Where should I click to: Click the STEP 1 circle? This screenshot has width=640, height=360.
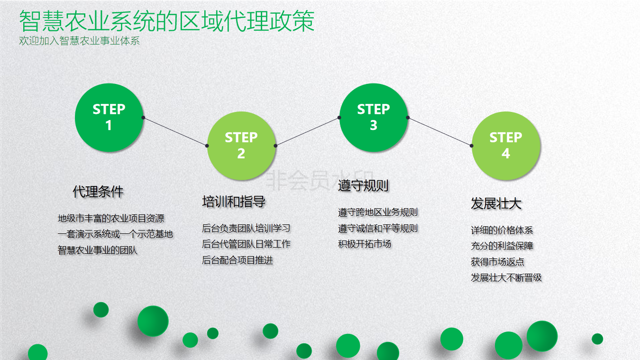tap(109, 118)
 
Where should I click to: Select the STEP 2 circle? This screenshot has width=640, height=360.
tap(241, 146)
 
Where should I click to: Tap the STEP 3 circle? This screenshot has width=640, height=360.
tap(374, 118)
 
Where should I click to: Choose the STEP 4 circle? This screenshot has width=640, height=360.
tap(506, 146)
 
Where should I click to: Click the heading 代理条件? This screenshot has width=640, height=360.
tap(98, 191)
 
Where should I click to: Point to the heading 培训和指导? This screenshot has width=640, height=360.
tap(234, 202)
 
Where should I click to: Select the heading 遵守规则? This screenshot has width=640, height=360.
tap(363, 185)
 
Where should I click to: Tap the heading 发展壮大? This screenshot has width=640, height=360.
tap(496, 203)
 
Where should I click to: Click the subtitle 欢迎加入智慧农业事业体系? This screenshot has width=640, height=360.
tap(80, 41)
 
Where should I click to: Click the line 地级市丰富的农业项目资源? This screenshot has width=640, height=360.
tap(111, 219)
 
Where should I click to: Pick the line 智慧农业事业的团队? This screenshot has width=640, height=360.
tap(98, 250)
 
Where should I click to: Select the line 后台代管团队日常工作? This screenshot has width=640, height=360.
tap(246, 244)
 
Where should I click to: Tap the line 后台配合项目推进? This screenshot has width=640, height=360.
tap(237, 260)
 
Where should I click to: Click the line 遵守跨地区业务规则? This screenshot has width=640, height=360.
tap(378, 212)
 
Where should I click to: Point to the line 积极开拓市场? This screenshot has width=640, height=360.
tap(364, 244)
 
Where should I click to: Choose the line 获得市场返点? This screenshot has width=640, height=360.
tap(497, 262)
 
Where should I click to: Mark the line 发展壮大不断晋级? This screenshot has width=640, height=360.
tap(506, 277)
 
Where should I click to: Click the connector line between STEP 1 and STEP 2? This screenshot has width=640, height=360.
tap(175, 132)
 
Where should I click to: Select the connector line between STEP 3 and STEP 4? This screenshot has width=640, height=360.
tap(440, 132)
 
